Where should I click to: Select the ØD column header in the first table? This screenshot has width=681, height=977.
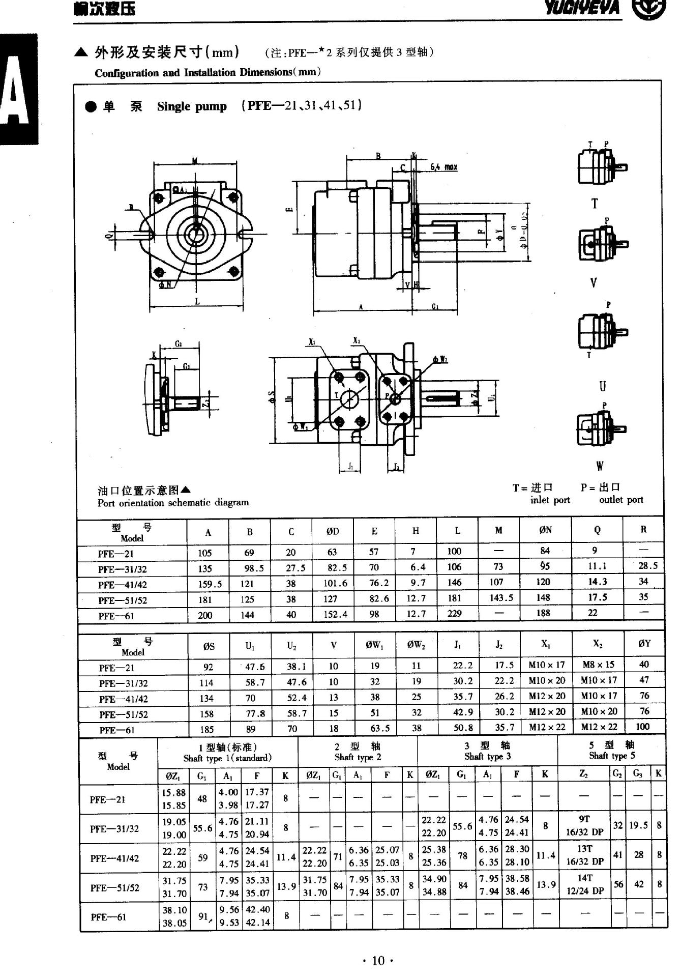[333, 531]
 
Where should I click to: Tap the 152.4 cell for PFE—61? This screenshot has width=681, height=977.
[335, 615]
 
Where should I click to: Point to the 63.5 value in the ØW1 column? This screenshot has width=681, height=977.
[380, 728]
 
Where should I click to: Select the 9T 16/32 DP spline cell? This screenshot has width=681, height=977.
[584, 825]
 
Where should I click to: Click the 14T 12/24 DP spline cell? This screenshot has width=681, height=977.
[585, 884]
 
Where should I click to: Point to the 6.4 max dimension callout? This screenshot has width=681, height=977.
[443, 167]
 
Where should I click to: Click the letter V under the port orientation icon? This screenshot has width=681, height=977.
[594, 282]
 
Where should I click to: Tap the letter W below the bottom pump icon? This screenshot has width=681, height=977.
[600, 466]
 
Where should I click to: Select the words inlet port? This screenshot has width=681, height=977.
[550, 500]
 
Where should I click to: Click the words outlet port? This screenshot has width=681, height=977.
[620, 500]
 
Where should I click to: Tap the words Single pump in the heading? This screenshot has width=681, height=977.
[192, 106]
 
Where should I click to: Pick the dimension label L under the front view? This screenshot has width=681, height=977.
[197, 302]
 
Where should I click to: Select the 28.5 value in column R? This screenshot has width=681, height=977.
[647, 566]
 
